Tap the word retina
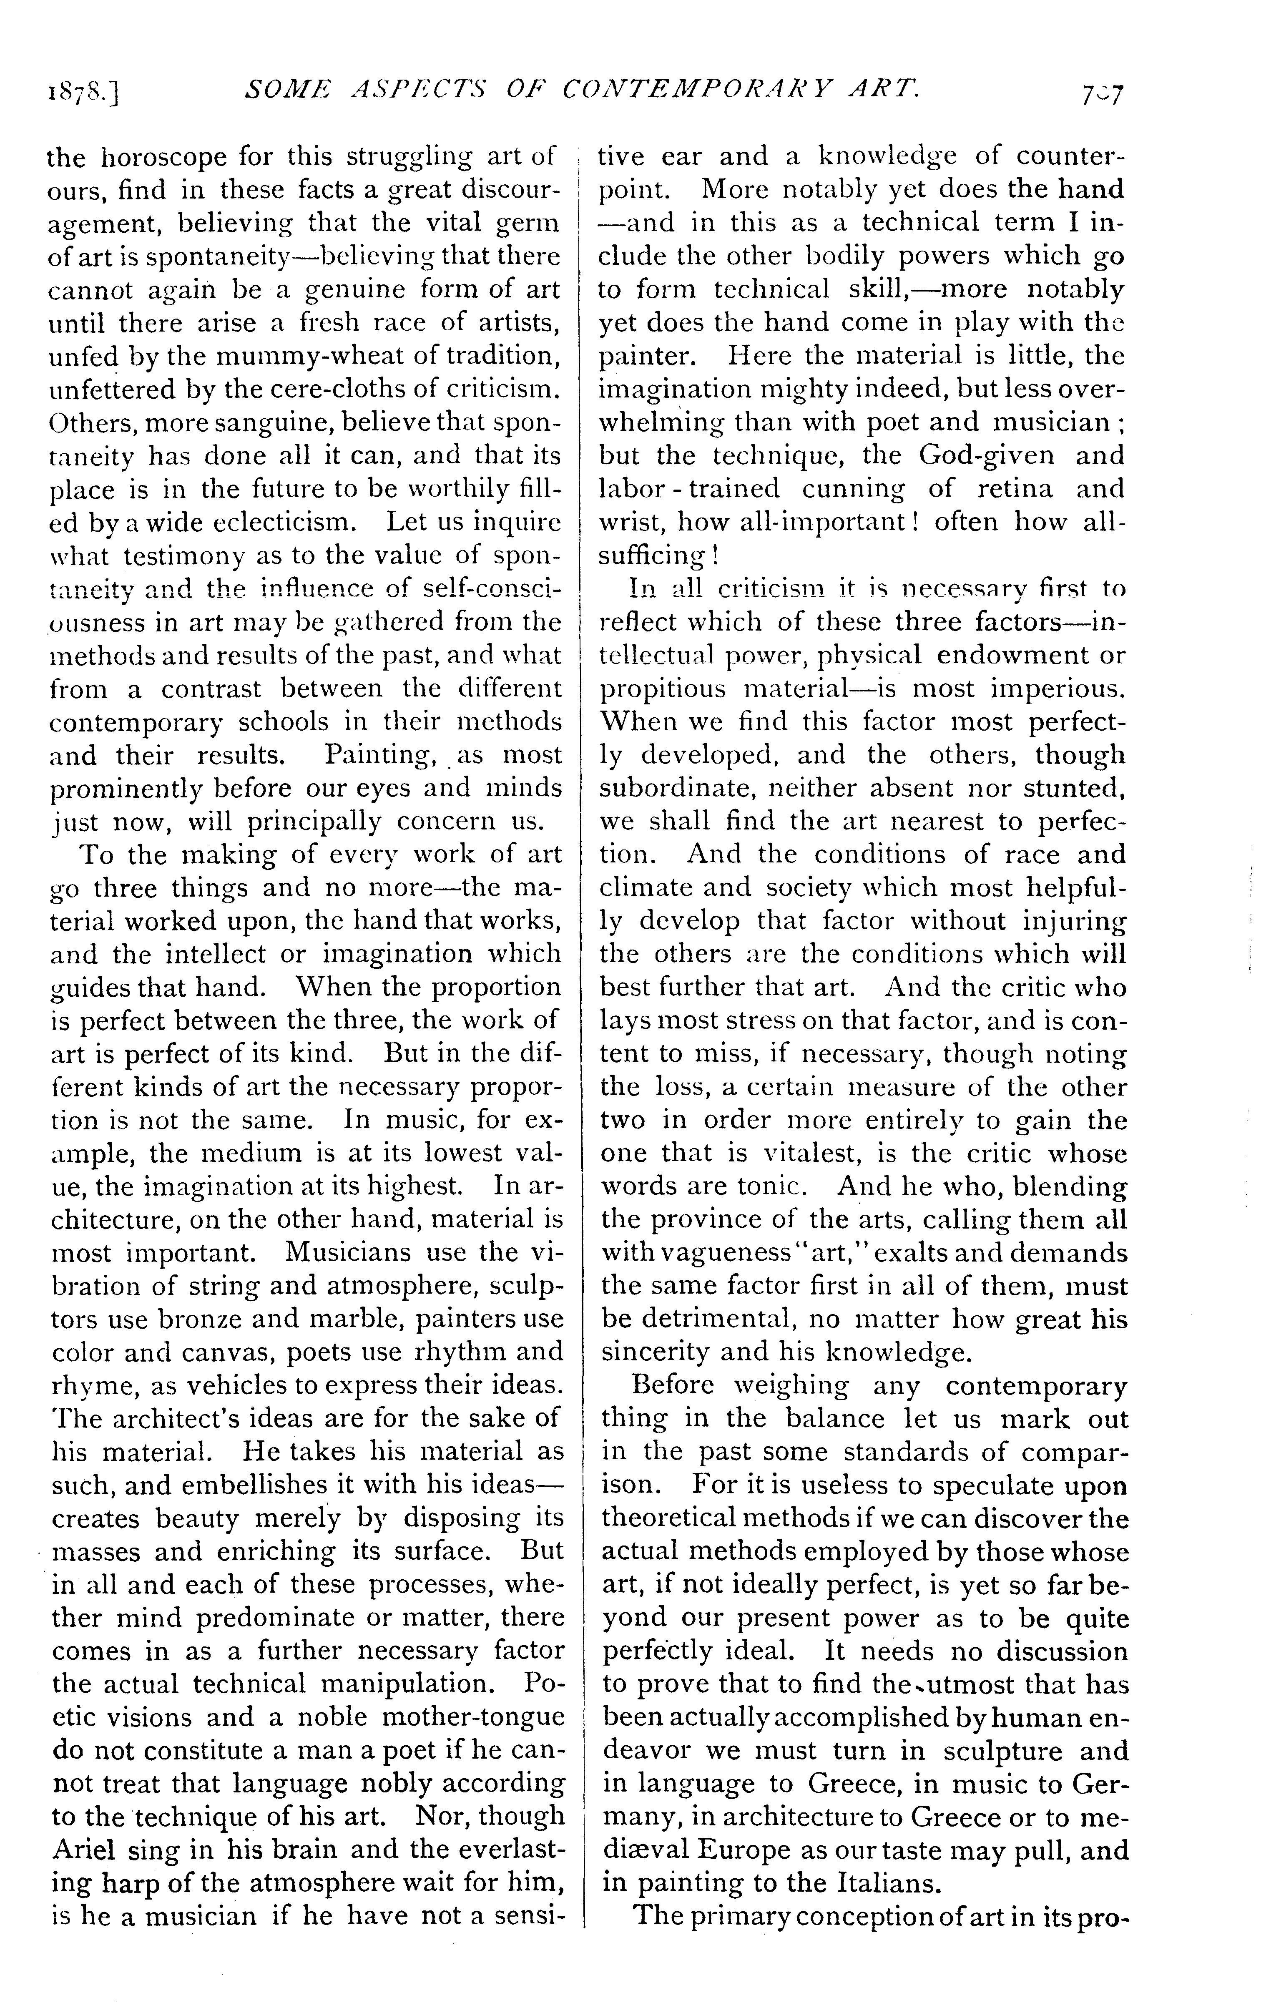point(1016,489)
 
